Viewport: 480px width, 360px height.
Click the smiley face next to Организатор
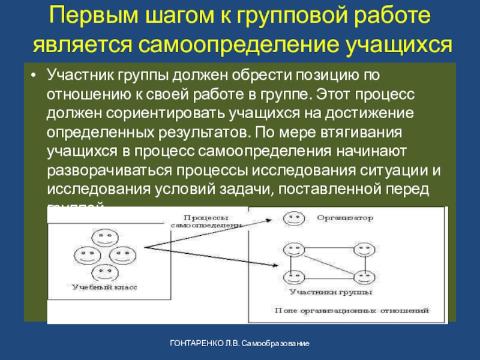tap(293, 218)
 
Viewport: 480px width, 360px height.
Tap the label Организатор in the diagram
tap(345, 217)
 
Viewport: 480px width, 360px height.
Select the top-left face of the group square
tap(293, 249)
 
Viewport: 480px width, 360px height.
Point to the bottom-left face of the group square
tap(293, 277)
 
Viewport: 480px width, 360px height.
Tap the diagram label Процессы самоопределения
tap(205, 221)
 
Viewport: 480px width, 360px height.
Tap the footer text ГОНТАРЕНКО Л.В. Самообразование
tap(239, 344)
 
